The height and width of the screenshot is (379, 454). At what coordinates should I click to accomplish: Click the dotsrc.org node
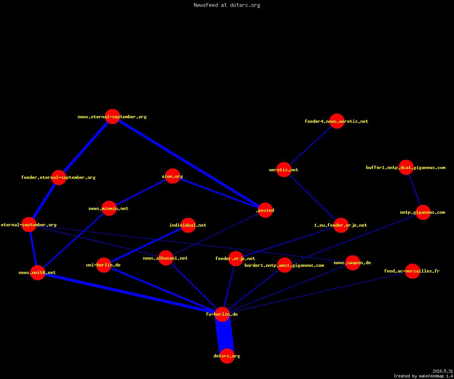coord(227,356)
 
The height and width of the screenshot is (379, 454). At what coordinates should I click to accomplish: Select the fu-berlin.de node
coord(222,314)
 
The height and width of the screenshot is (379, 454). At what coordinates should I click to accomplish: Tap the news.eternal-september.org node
coord(112,116)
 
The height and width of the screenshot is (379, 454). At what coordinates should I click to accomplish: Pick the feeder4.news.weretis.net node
coord(337,121)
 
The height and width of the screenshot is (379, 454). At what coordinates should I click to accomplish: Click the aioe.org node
coord(173,176)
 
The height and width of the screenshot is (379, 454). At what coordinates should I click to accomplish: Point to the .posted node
coord(265,210)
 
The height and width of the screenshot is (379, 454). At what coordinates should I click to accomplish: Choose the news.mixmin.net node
coord(109,208)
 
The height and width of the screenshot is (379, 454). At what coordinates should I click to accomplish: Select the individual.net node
coord(188,225)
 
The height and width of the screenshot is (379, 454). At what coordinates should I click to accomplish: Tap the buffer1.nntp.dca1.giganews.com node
coord(406,167)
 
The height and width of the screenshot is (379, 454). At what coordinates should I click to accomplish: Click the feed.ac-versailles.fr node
coord(412,271)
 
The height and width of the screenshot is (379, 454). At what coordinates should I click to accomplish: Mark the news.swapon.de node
coord(353,263)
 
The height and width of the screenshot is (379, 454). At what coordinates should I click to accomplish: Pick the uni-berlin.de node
coord(104,265)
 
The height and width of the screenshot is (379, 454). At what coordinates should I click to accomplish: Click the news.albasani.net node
coord(166,258)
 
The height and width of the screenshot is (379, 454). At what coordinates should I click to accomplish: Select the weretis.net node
coord(284,169)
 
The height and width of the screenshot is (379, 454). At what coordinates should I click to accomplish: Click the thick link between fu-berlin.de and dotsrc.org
coord(225,335)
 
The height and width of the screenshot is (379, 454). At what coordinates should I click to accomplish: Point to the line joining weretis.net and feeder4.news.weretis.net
coord(310,145)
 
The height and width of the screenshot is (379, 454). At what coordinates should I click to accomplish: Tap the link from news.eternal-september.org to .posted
coord(189,163)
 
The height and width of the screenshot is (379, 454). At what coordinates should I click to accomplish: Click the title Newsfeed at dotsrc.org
coord(227,5)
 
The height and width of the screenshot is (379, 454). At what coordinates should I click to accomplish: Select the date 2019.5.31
coord(443,371)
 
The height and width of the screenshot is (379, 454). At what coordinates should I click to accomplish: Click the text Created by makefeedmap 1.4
coord(423,376)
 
